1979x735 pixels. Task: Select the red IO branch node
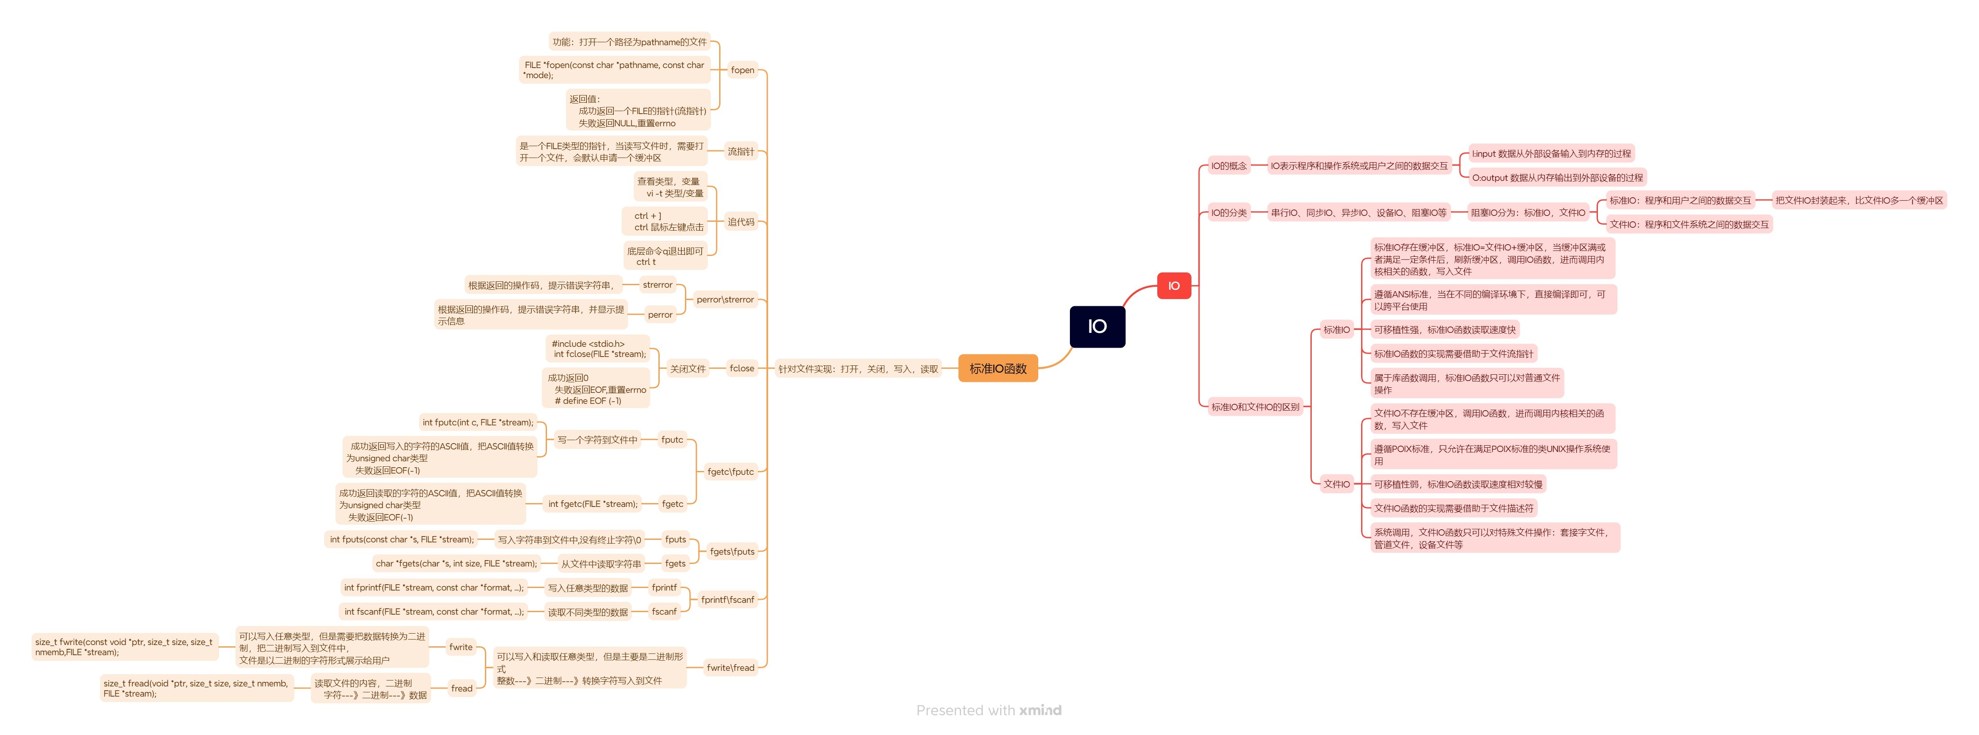tap(1173, 286)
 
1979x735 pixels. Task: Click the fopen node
tap(742, 70)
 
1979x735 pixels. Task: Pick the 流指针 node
tap(741, 152)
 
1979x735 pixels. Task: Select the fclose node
tap(742, 368)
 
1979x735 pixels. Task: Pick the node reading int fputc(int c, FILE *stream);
tap(477, 422)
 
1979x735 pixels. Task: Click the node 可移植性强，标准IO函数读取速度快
tap(1444, 330)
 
